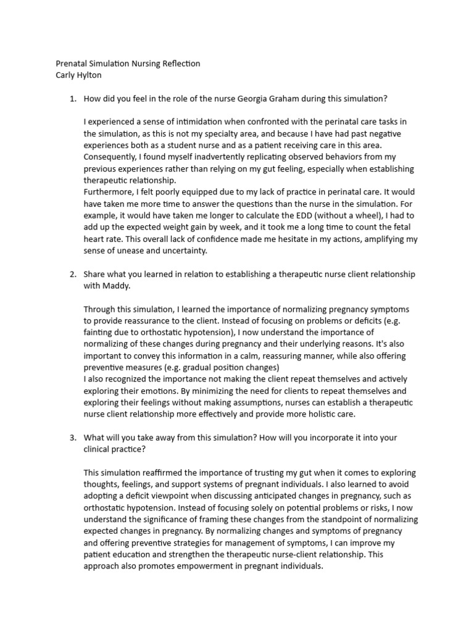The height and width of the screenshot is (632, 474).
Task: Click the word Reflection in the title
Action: (x=178, y=64)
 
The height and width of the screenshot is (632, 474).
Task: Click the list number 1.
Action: (x=72, y=98)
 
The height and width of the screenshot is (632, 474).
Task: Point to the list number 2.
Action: (x=72, y=274)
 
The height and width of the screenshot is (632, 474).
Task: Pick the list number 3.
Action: (x=72, y=438)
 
